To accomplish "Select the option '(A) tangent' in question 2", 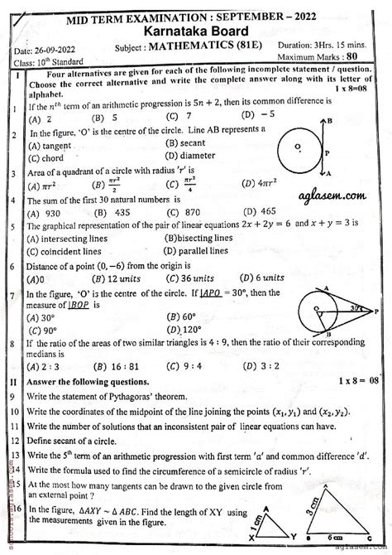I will pos(49,144).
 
